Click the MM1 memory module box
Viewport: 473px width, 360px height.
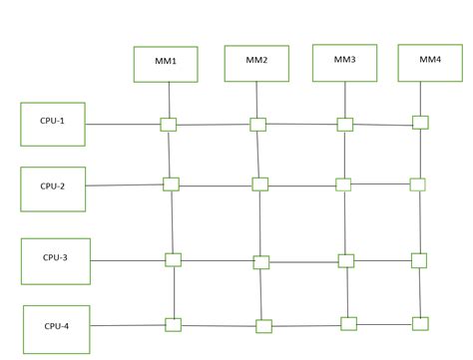tap(167, 63)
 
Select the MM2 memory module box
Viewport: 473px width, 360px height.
tap(257, 62)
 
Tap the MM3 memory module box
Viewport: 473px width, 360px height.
tap(345, 62)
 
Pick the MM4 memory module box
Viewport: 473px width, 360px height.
tap(430, 62)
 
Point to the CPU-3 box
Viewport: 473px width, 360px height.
tap(54, 258)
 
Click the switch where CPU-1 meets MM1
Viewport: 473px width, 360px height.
tap(169, 125)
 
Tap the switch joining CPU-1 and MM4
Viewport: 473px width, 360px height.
tap(420, 122)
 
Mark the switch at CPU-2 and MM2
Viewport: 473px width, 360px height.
tap(260, 183)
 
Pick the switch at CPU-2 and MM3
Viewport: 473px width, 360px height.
tap(343, 183)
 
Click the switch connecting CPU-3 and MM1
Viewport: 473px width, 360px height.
tap(173, 259)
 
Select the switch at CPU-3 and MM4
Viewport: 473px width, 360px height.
tap(419, 260)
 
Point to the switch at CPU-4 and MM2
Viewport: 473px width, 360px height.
tap(263, 325)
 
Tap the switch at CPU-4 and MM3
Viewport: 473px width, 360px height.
tap(348, 323)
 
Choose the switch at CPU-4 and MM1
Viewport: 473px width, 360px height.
tap(174, 324)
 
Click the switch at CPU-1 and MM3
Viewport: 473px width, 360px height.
tap(344, 125)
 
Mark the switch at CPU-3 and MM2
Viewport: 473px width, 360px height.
tap(261, 262)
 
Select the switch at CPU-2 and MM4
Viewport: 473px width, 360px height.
tap(417, 183)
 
